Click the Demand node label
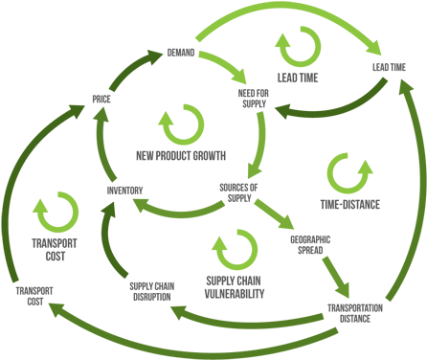(x=181, y=52)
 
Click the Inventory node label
(x=124, y=189)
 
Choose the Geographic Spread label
(x=308, y=245)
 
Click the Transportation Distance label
(x=354, y=313)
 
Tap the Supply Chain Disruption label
(x=149, y=291)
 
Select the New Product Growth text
(x=180, y=154)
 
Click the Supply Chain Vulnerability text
(x=235, y=286)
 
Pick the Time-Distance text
(x=349, y=204)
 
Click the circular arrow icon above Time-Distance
(x=346, y=173)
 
